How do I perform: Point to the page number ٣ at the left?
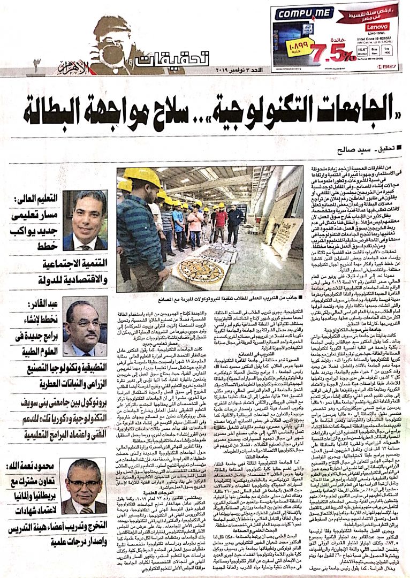(x=37, y=64)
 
